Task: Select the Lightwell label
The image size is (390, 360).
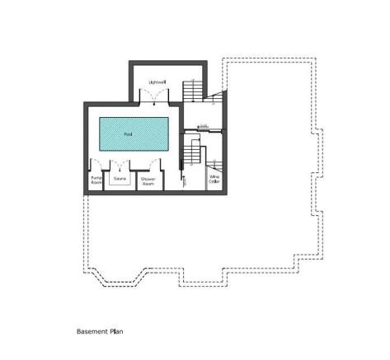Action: pos(157,83)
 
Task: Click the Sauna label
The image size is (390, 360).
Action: pos(120,178)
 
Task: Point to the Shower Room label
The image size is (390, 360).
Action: pos(148,180)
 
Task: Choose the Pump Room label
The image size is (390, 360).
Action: pos(94,180)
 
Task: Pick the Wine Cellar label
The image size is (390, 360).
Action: pos(214,179)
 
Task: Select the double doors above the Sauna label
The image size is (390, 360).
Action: pos(120,166)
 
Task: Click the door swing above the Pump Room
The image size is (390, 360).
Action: pos(96,165)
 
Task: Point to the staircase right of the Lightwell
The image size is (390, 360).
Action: pos(195,89)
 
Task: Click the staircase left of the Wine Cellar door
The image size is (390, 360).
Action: pos(195,153)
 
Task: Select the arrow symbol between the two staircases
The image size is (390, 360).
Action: pos(203,126)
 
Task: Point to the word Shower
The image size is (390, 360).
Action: pos(148,178)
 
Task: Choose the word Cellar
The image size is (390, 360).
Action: pos(214,181)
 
